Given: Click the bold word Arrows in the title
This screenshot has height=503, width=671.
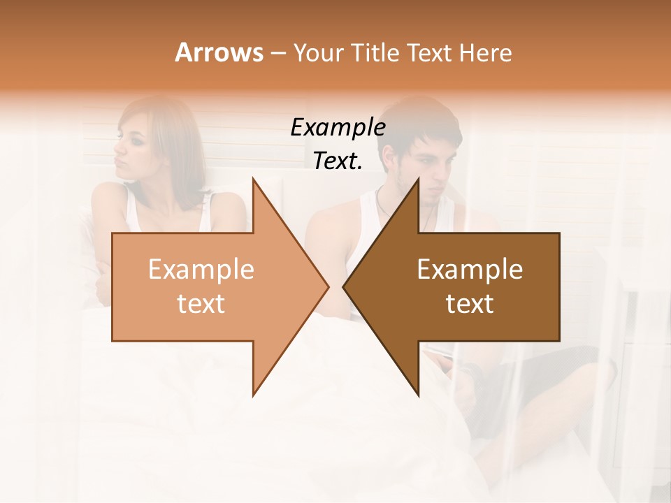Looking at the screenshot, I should point(219,52).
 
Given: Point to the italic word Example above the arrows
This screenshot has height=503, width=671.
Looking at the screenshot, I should point(338,128).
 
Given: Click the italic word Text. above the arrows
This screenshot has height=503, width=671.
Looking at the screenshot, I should point(338,161).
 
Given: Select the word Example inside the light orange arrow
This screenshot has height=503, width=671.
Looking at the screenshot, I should point(201,270).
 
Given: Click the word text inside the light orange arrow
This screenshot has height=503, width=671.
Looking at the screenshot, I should point(201,304).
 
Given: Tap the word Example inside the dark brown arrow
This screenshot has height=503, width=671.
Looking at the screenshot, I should point(470,270).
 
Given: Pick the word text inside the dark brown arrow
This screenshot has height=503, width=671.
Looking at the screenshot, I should point(470,304).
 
